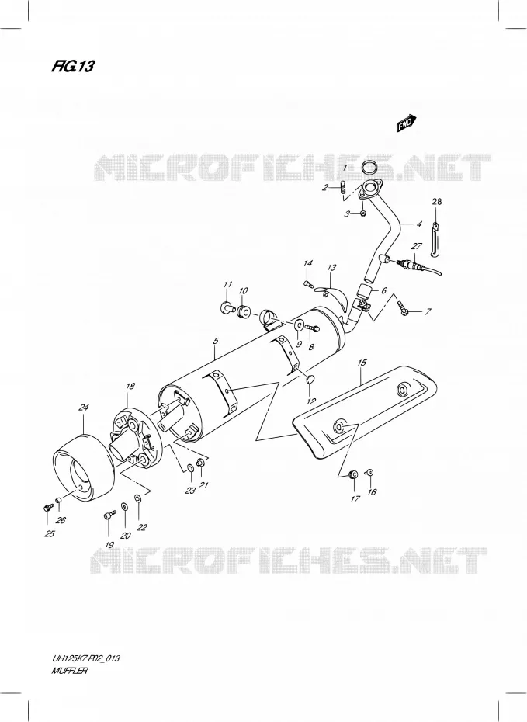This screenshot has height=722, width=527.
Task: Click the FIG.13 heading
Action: click(73, 67)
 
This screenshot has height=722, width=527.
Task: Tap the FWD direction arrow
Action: click(407, 123)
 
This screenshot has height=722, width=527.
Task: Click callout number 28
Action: click(437, 201)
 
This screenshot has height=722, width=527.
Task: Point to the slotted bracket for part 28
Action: click(435, 238)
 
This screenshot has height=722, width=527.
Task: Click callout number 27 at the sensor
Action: click(417, 245)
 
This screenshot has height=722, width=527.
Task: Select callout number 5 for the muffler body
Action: click(216, 341)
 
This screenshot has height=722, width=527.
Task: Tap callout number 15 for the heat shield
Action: click(362, 363)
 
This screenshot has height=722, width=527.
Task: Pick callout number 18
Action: click(130, 386)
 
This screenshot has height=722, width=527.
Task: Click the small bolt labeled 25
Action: click(46, 508)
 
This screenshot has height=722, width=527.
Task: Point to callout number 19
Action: click(109, 545)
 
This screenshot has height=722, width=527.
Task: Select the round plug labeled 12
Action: click(310, 380)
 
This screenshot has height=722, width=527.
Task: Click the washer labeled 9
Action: click(298, 326)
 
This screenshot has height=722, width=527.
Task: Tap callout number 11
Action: click(227, 285)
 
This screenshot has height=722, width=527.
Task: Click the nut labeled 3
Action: click(362, 213)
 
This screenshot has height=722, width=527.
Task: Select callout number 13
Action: click(332, 268)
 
